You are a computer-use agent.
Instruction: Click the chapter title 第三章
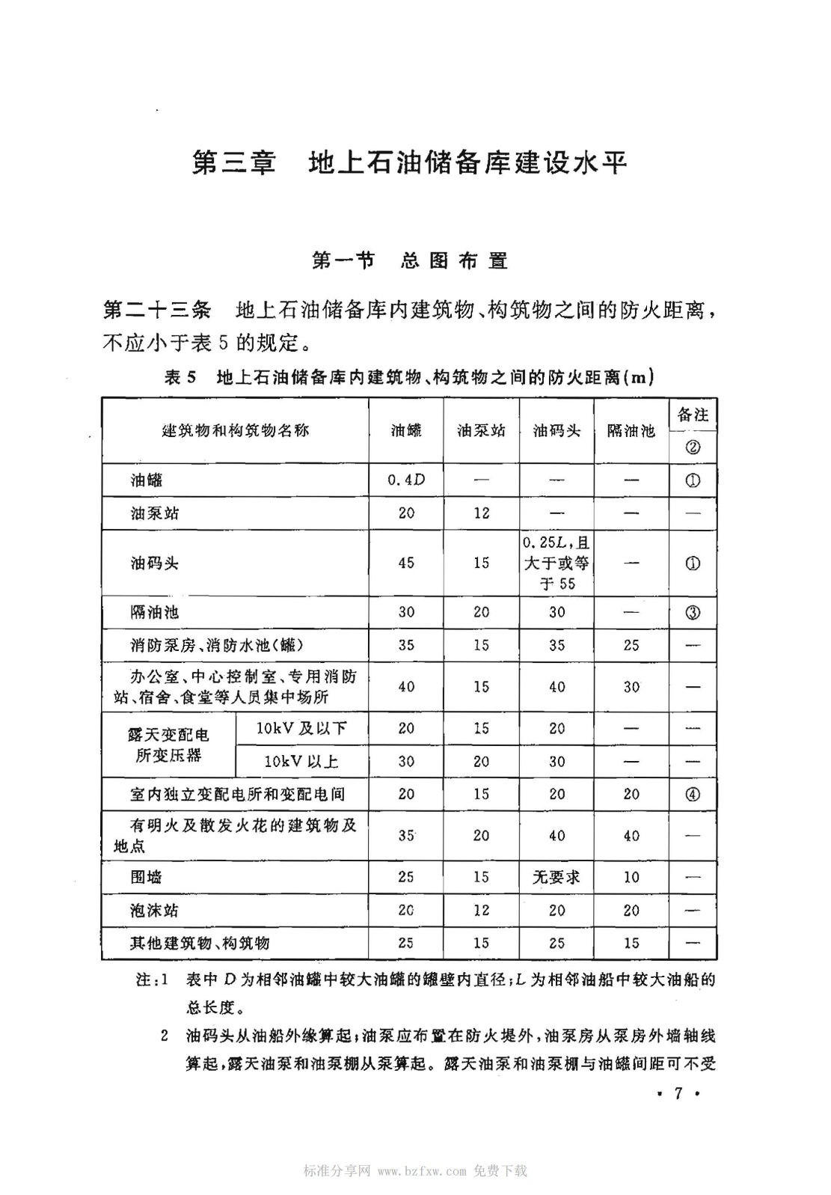(233, 162)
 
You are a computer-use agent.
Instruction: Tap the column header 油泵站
(481, 430)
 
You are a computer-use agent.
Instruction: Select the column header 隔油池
(631, 430)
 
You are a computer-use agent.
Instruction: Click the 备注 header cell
(693, 415)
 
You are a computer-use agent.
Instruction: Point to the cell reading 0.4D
(406, 480)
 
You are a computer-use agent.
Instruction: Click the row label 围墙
(147, 877)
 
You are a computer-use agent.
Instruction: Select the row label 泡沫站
(154, 910)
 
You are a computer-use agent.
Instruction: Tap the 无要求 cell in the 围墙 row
(556, 877)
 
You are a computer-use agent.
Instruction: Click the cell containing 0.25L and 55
(556, 563)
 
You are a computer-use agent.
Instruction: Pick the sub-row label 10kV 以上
(301, 762)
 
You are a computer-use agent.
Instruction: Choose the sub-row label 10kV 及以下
(301, 728)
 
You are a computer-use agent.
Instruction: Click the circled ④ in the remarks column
(693, 794)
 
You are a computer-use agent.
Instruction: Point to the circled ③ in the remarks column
(693, 612)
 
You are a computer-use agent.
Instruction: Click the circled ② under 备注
(693, 447)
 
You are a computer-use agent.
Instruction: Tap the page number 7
(678, 1093)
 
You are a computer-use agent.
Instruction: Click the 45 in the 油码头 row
(406, 563)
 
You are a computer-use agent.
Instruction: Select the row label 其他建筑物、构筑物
(200, 943)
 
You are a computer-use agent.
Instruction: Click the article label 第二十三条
(157, 310)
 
